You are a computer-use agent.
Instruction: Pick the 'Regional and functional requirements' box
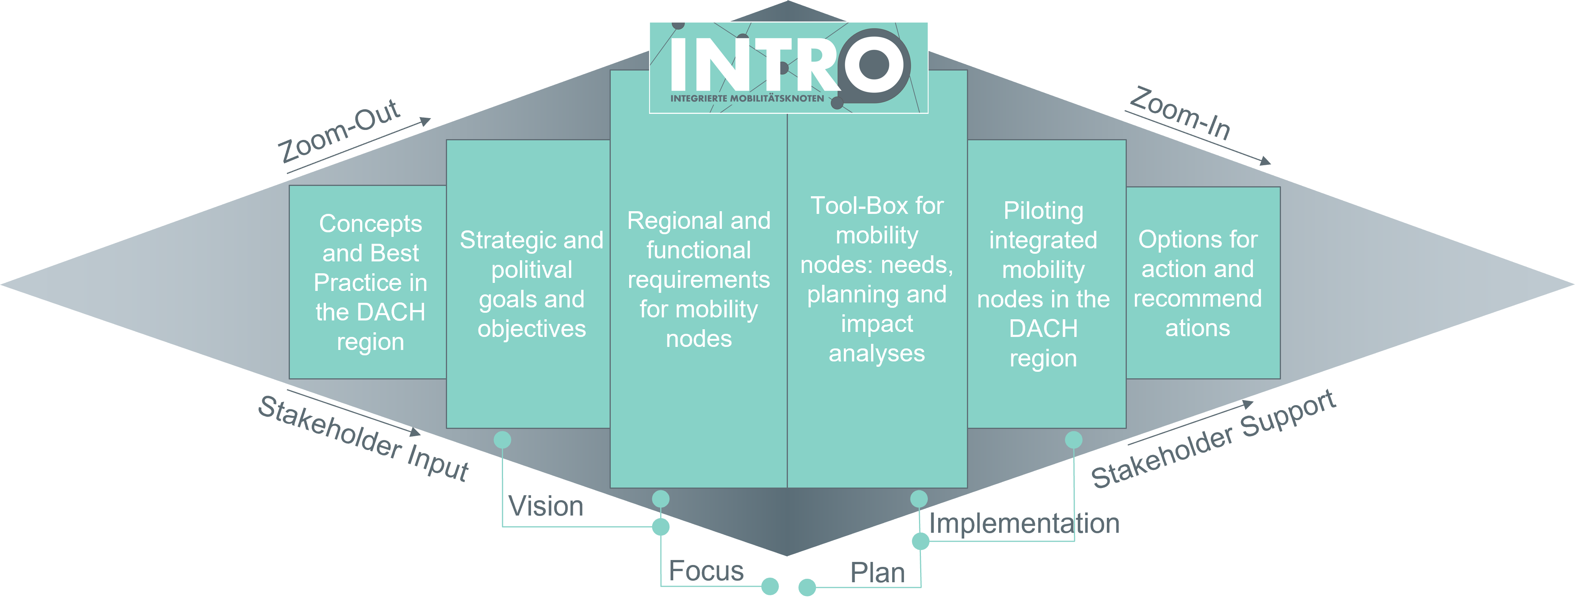tap(698, 279)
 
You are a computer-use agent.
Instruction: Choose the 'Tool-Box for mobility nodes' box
tap(877, 279)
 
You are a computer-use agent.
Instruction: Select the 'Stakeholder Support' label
tap(1214, 439)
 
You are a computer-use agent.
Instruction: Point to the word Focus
tap(706, 570)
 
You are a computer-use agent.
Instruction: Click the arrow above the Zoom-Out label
tap(361, 146)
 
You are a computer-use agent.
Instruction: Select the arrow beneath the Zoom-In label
tap(1199, 138)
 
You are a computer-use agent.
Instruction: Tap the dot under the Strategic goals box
tap(502, 440)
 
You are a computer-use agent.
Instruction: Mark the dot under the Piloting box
tap(1074, 440)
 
